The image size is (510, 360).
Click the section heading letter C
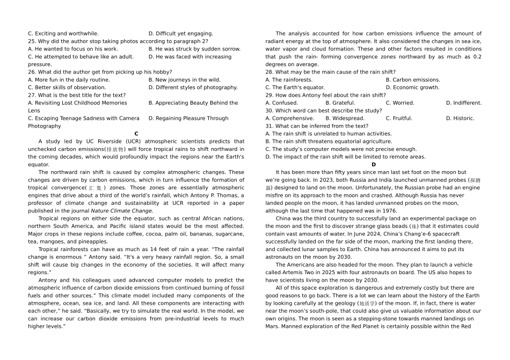[x=136, y=134]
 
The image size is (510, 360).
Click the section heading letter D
[x=374, y=165]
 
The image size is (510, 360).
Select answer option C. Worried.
[x=399, y=103]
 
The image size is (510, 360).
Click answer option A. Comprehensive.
[x=290, y=119]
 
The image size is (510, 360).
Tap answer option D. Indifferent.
[x=464, y=103]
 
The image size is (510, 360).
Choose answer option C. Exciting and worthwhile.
[x=63, y=33]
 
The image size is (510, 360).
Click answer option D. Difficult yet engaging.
[x=180, y=33]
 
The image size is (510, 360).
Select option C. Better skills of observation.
[x=69, y=87]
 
